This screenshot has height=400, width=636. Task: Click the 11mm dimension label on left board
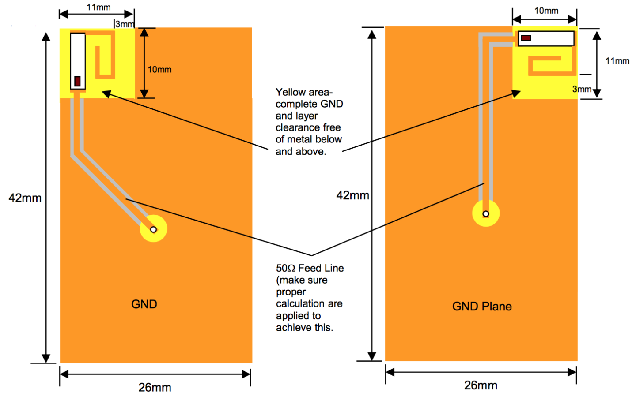98,7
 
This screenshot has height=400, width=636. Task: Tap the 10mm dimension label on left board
159,69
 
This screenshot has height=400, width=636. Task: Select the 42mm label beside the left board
25,198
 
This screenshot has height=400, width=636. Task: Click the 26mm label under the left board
155,387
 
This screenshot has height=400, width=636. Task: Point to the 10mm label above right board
546,11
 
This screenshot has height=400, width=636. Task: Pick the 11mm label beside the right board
617,61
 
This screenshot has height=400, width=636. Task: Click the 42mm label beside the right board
352,195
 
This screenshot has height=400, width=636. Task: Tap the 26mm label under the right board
481,385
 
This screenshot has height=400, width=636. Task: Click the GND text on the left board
144,304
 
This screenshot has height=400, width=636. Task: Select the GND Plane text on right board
482,307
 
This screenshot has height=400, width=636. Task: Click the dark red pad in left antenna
77,81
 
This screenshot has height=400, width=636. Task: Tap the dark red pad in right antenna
526,38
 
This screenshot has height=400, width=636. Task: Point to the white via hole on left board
153,229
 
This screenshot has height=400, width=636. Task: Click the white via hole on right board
486,214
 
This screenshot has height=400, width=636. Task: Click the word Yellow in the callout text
290,92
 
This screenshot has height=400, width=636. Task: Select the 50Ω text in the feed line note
285,268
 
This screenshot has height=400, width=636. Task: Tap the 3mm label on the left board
125,24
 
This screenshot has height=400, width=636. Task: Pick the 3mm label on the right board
582,89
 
